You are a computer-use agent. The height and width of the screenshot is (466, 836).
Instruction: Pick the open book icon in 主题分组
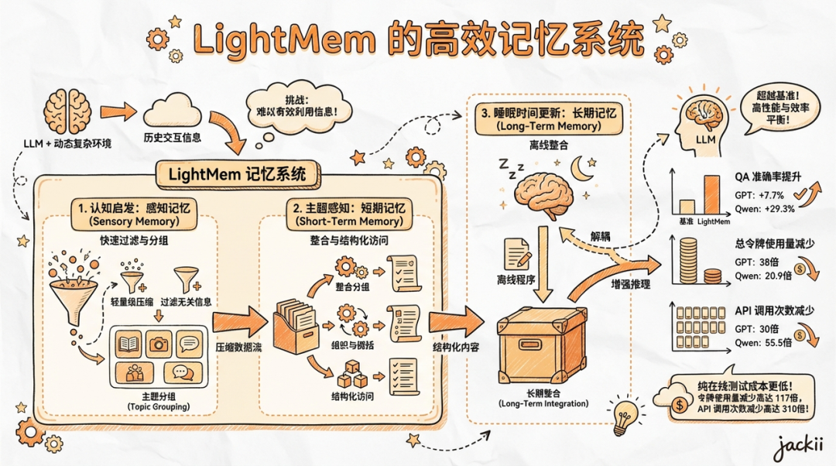[x=129, y=342]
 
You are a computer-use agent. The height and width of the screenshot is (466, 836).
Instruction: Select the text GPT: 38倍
[x=750, y=262]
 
